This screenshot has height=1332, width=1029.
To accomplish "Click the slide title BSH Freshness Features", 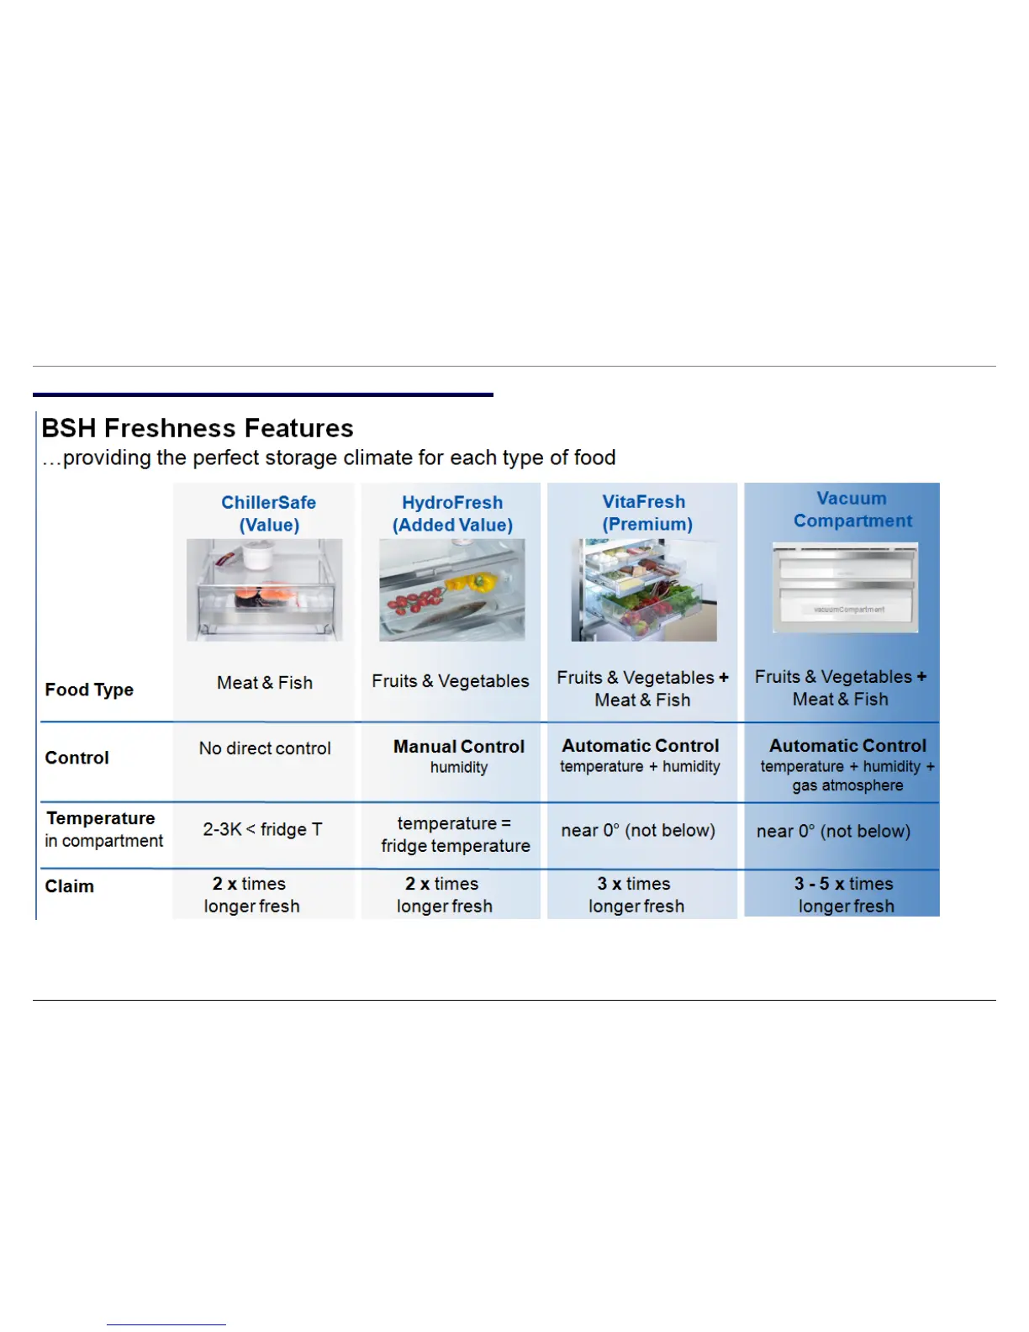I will [198, 428].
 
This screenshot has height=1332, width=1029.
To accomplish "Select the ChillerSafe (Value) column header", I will [268, 514].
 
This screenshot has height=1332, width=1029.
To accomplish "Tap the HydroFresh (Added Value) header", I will [452, 514].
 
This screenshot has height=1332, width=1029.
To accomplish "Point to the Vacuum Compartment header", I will [852, 510].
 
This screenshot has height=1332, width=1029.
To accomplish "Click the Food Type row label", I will [89, 690].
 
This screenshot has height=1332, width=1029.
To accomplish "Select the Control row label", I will [77, 758].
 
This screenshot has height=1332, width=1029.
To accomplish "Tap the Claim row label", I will [69, 886].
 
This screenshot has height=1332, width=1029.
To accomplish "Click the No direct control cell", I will [265, 748].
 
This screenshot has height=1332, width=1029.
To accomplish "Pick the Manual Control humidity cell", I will [459, 755].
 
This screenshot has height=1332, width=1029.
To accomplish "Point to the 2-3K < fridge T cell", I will [262, 829].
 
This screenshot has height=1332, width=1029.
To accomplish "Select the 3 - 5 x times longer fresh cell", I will [844, 895].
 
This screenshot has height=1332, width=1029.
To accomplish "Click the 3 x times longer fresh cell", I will [636, 895].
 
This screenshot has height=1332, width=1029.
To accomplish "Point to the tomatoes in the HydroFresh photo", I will [414, 603].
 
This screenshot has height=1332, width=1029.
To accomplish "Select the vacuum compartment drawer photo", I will [845, 587].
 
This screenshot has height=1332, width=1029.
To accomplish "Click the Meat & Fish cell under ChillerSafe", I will [265, 683].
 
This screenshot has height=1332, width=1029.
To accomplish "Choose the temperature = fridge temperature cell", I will [455, 834].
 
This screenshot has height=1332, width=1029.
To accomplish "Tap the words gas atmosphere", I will [847, 785].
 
